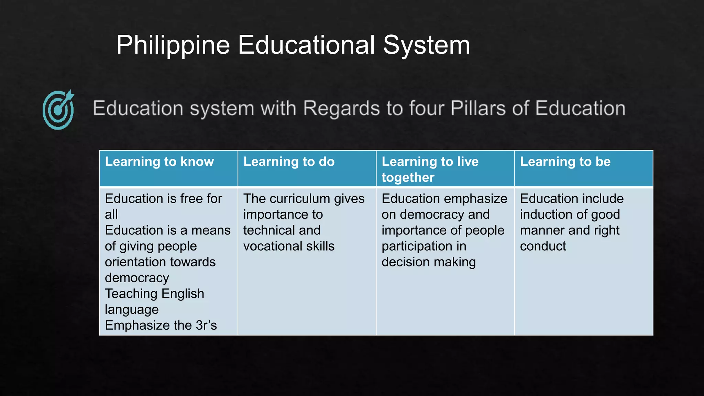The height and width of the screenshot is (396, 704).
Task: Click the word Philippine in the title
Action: (173, 45)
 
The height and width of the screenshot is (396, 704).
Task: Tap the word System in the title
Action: (426, 45)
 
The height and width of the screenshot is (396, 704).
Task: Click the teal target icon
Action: (58, 110)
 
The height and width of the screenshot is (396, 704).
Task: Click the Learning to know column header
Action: (159, 162)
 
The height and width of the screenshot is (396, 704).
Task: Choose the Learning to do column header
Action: (289, 162)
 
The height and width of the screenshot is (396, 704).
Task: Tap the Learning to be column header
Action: (565, 162)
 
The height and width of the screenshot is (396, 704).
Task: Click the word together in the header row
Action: (408, 177)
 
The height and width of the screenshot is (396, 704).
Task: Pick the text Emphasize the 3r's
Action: (161, 325)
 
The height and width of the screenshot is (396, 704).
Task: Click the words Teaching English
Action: (154, 294)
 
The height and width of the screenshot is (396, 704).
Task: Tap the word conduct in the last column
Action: (543, 246)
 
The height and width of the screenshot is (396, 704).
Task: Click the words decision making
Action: (429, 262)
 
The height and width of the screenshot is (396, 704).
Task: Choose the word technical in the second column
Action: (265, 230)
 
